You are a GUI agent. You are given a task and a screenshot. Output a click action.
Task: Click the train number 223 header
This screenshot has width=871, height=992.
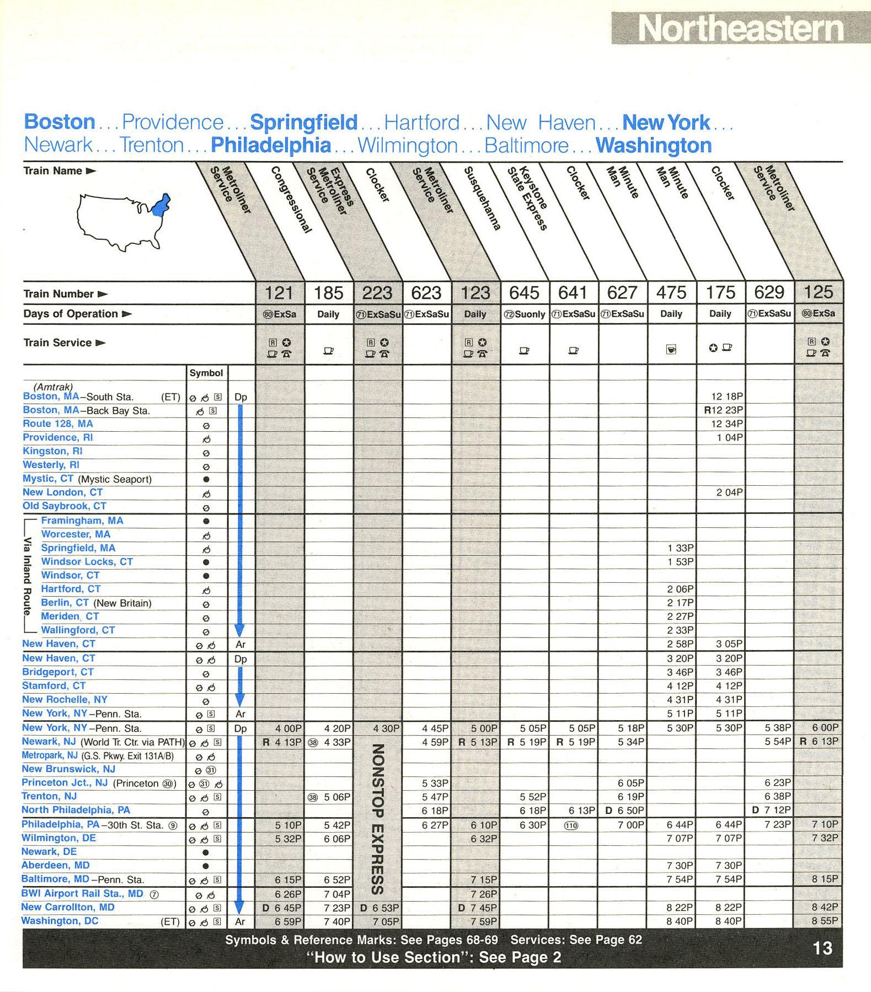pos(377,293)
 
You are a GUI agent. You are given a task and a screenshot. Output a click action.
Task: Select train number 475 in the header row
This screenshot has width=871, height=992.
pos(671,293)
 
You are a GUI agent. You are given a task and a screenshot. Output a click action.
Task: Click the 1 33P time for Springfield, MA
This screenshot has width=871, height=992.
pos(680,548)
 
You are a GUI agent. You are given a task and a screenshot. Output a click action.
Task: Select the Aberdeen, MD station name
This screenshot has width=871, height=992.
pos(55,865)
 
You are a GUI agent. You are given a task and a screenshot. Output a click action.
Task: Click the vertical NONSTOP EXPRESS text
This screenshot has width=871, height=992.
pos(377,818)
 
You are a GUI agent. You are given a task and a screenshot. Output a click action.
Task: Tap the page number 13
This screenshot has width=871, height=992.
pos(822,948)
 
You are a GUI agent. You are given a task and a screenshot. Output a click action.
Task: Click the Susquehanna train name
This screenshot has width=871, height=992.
pos(483,199)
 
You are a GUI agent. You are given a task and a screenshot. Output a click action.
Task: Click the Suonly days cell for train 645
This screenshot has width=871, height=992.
pos(525,314)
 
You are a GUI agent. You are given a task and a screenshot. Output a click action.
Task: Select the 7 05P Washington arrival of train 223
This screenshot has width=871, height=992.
pos(388,921)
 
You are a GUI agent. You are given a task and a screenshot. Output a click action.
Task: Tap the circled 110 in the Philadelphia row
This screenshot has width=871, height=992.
pos(572,825)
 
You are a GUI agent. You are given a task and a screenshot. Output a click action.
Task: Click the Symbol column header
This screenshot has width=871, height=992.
pos(206,373)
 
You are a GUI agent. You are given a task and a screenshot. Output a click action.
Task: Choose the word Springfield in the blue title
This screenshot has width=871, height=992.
pos(303,122)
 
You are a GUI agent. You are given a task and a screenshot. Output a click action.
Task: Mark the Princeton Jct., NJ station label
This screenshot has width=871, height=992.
pos(64,782)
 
